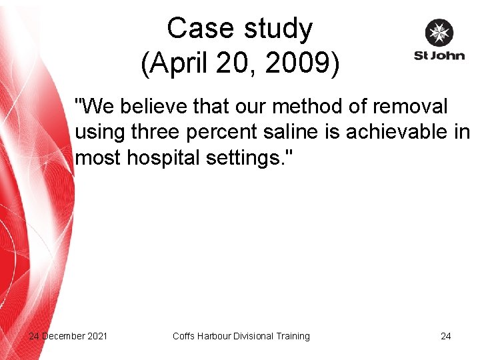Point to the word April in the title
(x=175, y=64)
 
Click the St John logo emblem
(x=439, y=33)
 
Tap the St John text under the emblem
(x=439, y=56)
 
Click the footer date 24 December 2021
(x=68, y=336)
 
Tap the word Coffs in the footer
(x=183, y=336)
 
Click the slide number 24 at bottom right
(x=445, y=336)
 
